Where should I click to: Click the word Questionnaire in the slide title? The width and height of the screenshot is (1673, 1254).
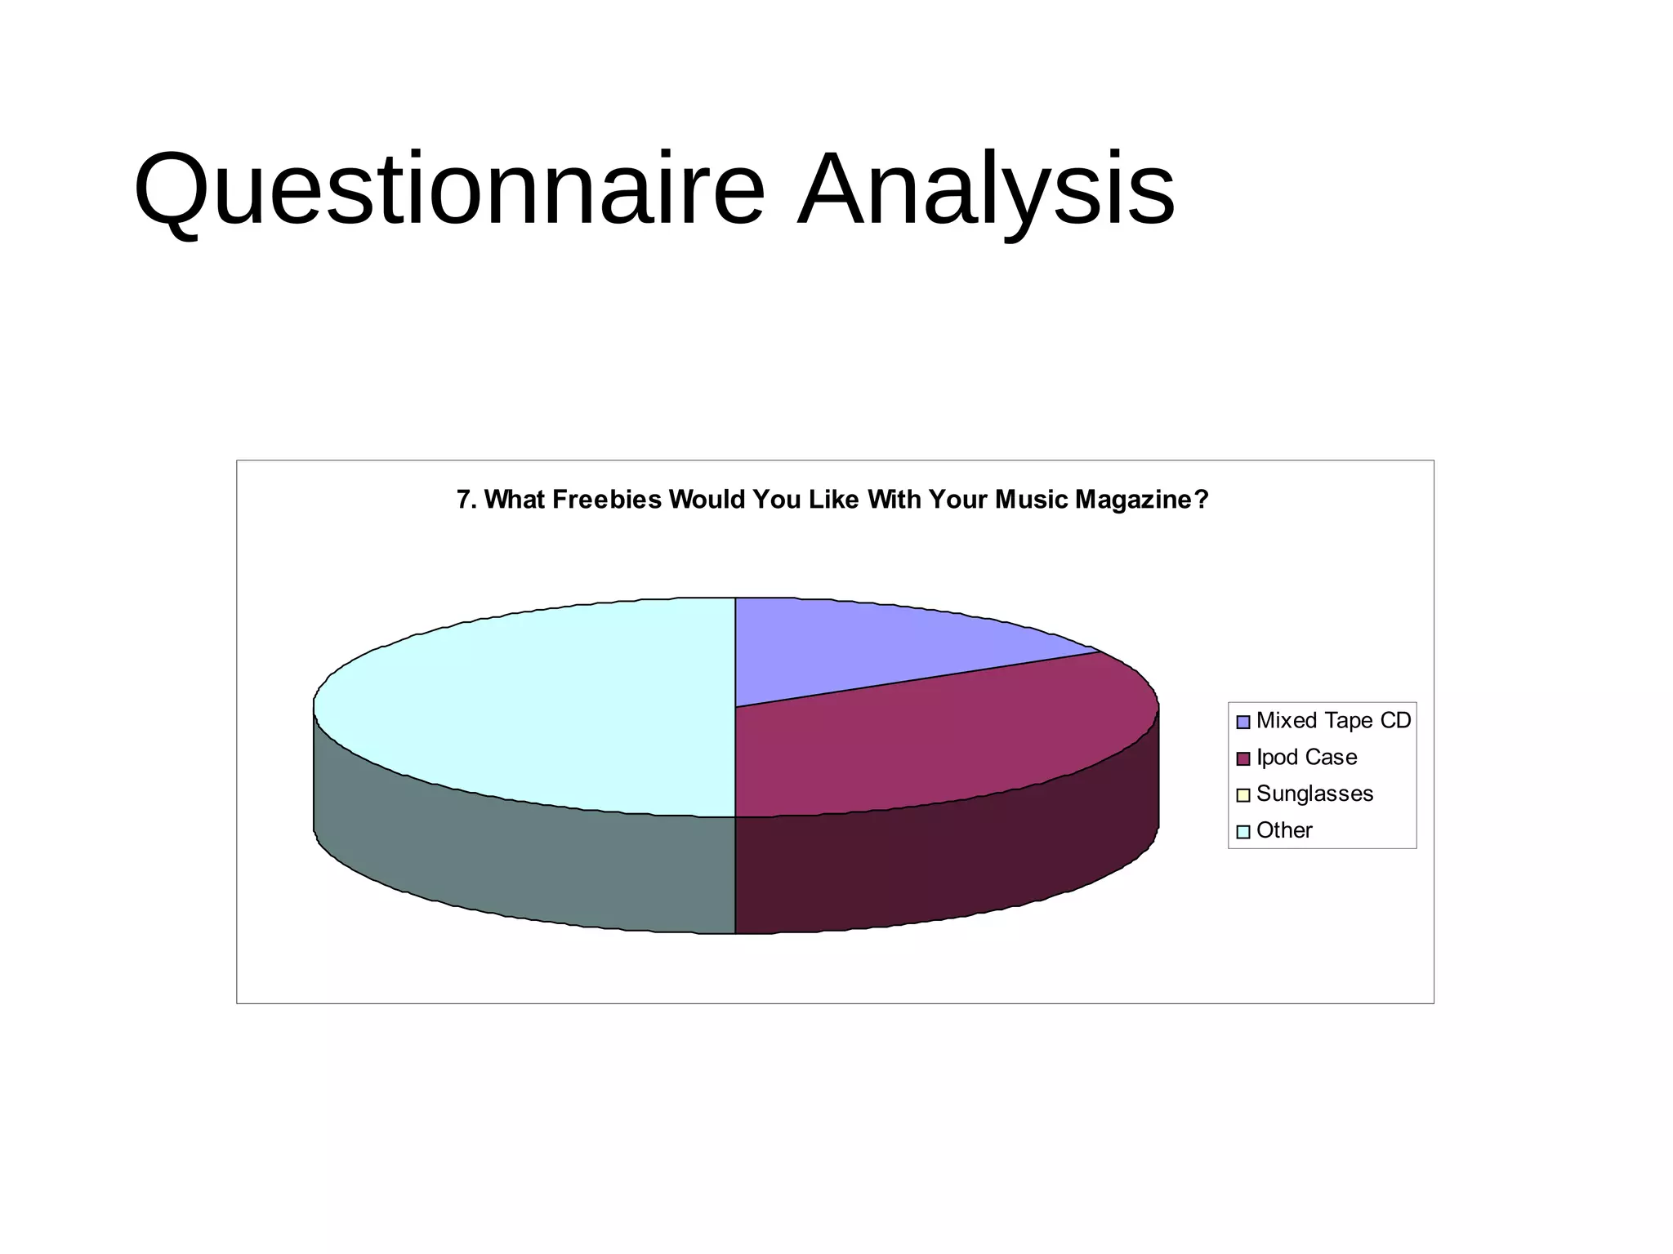[449, 189]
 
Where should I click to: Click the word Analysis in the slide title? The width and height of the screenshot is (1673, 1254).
[986, 189]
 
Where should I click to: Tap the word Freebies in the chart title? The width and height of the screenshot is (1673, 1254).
[607, 500]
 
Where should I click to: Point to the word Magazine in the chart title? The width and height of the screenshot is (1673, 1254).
[1140, 500]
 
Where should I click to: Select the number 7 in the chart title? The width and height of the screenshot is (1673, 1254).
[462, 500]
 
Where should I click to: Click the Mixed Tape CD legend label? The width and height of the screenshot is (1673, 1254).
[1333, 721]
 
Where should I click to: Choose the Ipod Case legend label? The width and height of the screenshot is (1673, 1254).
[1306, 758]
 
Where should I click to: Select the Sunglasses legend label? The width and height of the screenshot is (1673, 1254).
[1314, 794]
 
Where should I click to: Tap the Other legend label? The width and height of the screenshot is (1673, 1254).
[1284, 830]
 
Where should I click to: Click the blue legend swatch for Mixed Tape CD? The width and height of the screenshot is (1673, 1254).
[1243, 722]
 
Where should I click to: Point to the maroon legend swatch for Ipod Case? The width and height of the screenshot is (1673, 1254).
[1243, 758]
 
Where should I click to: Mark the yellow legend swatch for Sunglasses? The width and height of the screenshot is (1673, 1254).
[1243, 795]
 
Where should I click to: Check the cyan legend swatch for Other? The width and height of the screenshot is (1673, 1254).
[1243, 832]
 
